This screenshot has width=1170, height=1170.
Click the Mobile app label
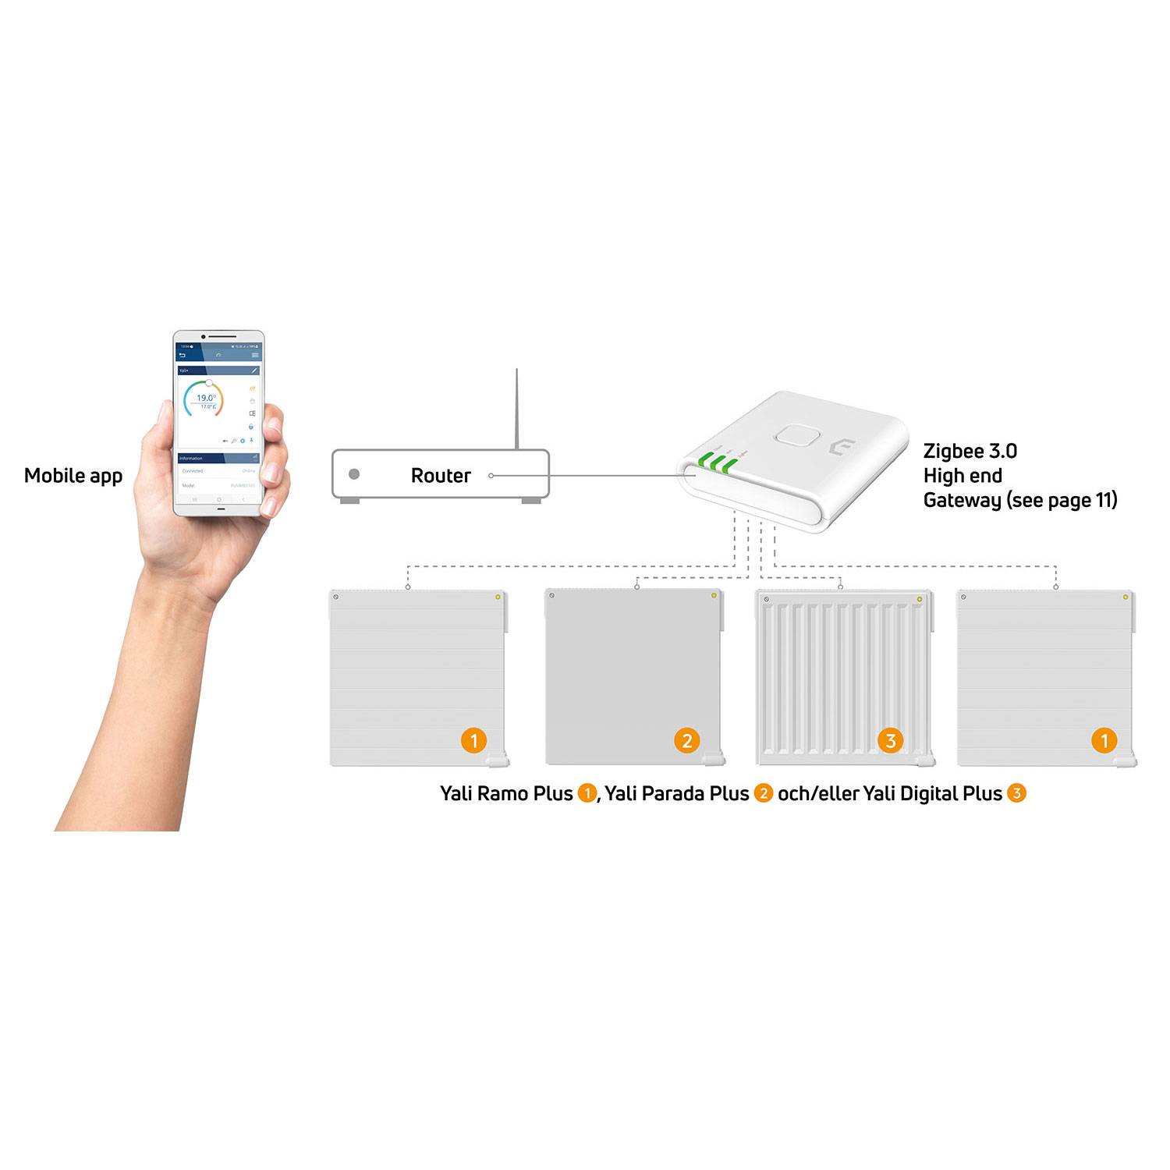(x=73, y=476)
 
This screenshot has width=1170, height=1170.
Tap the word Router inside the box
(x=441, y=476)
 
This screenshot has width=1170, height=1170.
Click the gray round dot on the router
(x=354, y=474)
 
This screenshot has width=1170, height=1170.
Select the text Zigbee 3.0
(x=970, y=452)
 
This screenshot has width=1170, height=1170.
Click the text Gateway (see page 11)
(x=1019, y=500)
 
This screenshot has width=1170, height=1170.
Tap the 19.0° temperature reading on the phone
(x=206, y=398)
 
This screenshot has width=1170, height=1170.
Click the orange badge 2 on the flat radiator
(x=686, y=740)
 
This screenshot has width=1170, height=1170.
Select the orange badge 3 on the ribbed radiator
(x=891, y=740)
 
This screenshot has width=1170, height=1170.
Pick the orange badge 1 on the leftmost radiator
(x=473, y=740)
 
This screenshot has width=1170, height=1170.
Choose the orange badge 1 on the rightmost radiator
(x=1104, y=740)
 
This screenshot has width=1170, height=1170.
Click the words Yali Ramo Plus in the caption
(x=506, y=794)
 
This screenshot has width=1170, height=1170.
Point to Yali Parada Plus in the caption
(x=676, y=794)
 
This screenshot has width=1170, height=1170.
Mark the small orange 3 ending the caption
(x=1016, y=793)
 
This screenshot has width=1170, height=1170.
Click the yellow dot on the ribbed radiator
(x=920, y=599)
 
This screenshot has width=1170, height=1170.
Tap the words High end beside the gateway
(x=963, y=476)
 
